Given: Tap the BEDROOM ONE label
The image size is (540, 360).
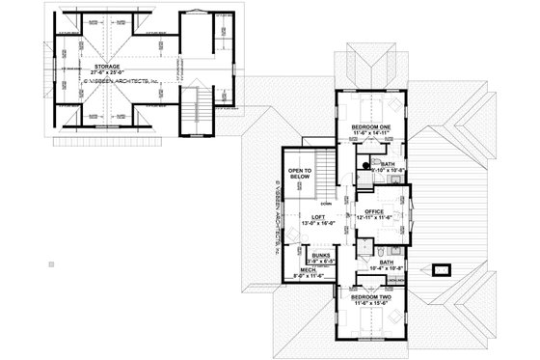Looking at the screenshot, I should click(x=372, y=126).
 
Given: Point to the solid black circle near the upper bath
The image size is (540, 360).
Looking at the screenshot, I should click(x=366, y=166).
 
